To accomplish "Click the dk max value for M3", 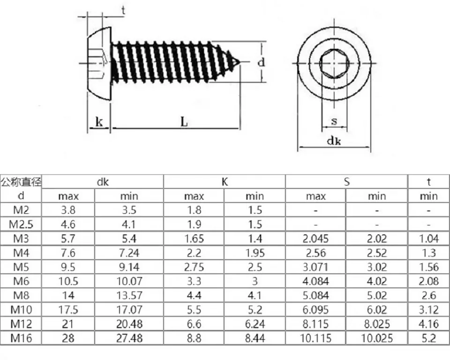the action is (68, 239).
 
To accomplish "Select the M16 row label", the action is (21, 338).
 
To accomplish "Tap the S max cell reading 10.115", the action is (315, 338).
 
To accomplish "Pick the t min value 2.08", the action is (428, 281).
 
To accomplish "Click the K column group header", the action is (225, 182).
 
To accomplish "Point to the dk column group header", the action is (103, 182).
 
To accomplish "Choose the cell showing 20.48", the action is (129, 324).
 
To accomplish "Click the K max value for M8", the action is (194, 295).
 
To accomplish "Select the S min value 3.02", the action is (377, 267).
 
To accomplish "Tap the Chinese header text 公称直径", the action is (21, 182).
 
